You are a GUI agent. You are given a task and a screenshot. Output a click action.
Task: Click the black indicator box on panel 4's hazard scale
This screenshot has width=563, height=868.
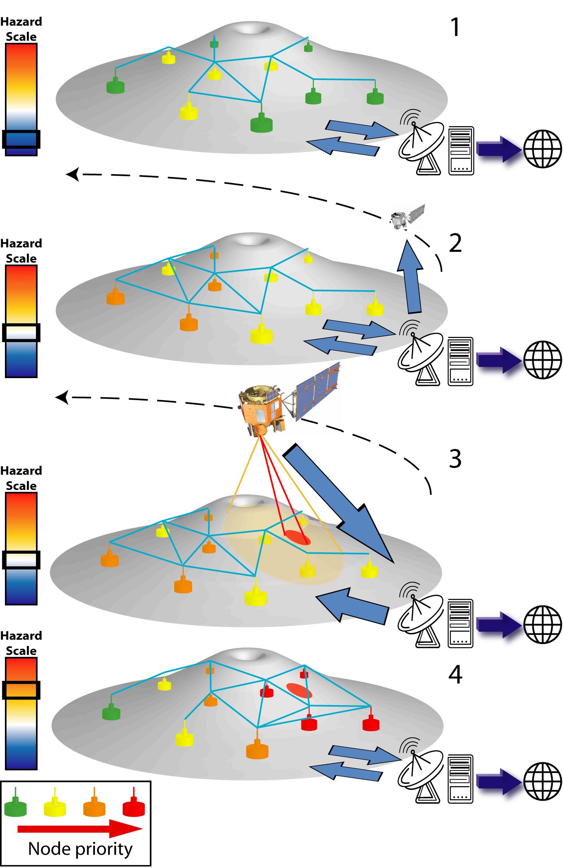pyautogui.click(x=21, y=690)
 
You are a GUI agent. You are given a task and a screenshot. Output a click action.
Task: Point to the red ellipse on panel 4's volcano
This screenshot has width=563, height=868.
pyautogui.click(x=299, y=690)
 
